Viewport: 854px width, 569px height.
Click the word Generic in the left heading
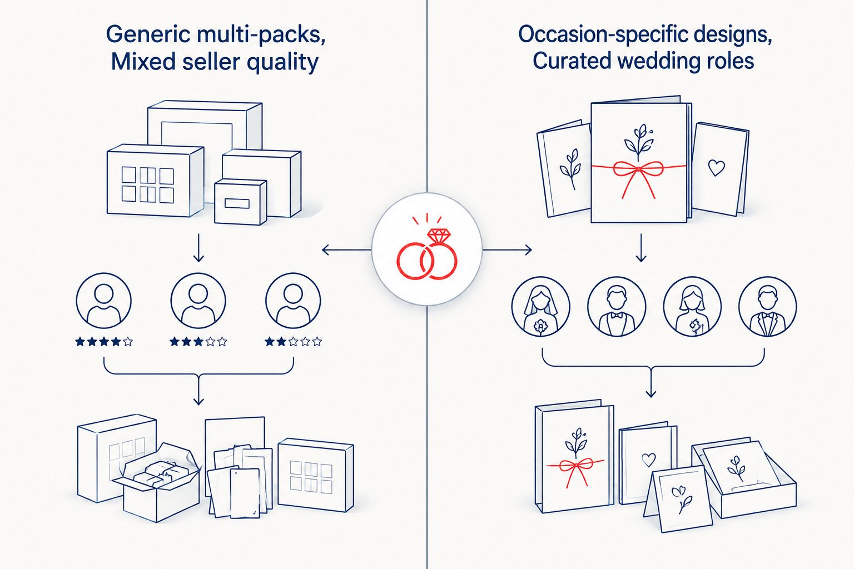148,34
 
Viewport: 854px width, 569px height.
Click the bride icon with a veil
540,306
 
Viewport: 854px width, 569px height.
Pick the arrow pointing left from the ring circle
346,250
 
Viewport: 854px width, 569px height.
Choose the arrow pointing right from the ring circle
507,250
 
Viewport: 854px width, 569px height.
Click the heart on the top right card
716,167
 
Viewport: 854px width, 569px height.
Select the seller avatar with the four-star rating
104,300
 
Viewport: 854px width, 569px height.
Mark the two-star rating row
293,342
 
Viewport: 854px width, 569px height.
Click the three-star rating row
198,342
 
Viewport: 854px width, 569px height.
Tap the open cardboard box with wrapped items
156,483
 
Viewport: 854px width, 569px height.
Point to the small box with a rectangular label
240,202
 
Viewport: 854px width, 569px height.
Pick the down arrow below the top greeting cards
641,248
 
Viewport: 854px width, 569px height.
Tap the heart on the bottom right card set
648,460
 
